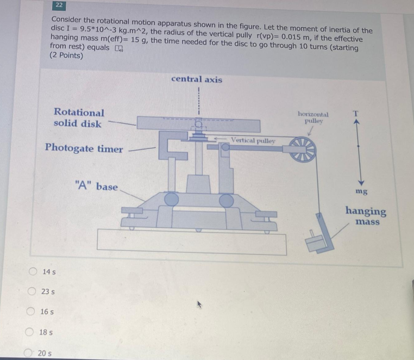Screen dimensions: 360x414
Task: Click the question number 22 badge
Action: point(59,5)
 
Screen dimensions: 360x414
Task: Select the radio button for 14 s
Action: point(33,271)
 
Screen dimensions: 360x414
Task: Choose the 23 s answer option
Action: point(32,291)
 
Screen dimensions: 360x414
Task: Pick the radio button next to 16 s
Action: point(30,312)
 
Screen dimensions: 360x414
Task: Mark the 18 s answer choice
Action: point(30,332)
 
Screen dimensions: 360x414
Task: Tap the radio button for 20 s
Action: point(28,353)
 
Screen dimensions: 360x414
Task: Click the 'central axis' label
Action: point(196,79)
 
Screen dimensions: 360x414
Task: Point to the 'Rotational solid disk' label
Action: point(79,117)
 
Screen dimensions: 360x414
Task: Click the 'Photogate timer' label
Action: point(84,148)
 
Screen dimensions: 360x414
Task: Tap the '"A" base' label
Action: point(96,185)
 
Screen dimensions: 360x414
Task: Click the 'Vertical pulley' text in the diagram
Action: point(253,140)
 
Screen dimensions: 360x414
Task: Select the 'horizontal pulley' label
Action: point(313,117)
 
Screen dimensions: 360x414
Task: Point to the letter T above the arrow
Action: point(356,114)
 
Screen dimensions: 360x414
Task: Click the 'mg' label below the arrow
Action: point(361,191)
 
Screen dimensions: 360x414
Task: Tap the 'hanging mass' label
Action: point(366,215)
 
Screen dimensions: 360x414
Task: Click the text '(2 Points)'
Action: point(66,56)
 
